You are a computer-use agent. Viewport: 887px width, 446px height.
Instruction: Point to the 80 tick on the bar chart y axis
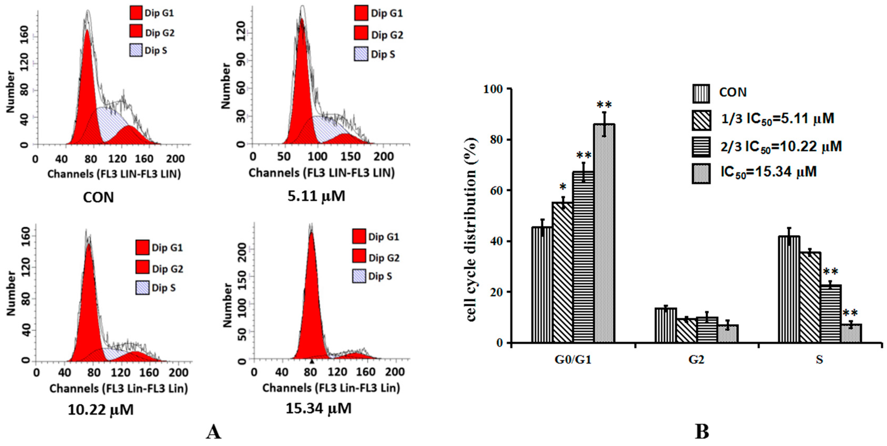point(496,140)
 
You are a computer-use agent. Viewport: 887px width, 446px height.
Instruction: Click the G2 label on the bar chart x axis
point(696,360)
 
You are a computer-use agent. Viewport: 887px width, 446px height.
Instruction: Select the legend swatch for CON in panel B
point(701,94)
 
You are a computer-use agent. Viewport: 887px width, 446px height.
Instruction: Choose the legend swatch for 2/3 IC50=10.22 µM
point(701,147)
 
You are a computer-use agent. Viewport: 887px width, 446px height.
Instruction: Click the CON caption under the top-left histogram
point(99,197)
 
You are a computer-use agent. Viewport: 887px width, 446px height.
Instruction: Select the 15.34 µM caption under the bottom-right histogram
point(318,409)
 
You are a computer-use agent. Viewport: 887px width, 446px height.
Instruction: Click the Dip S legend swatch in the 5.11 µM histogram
point(361,54)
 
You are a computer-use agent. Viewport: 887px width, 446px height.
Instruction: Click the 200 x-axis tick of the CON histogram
point(175,159)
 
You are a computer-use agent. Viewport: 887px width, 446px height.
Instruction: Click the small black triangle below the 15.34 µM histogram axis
point(312,361)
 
